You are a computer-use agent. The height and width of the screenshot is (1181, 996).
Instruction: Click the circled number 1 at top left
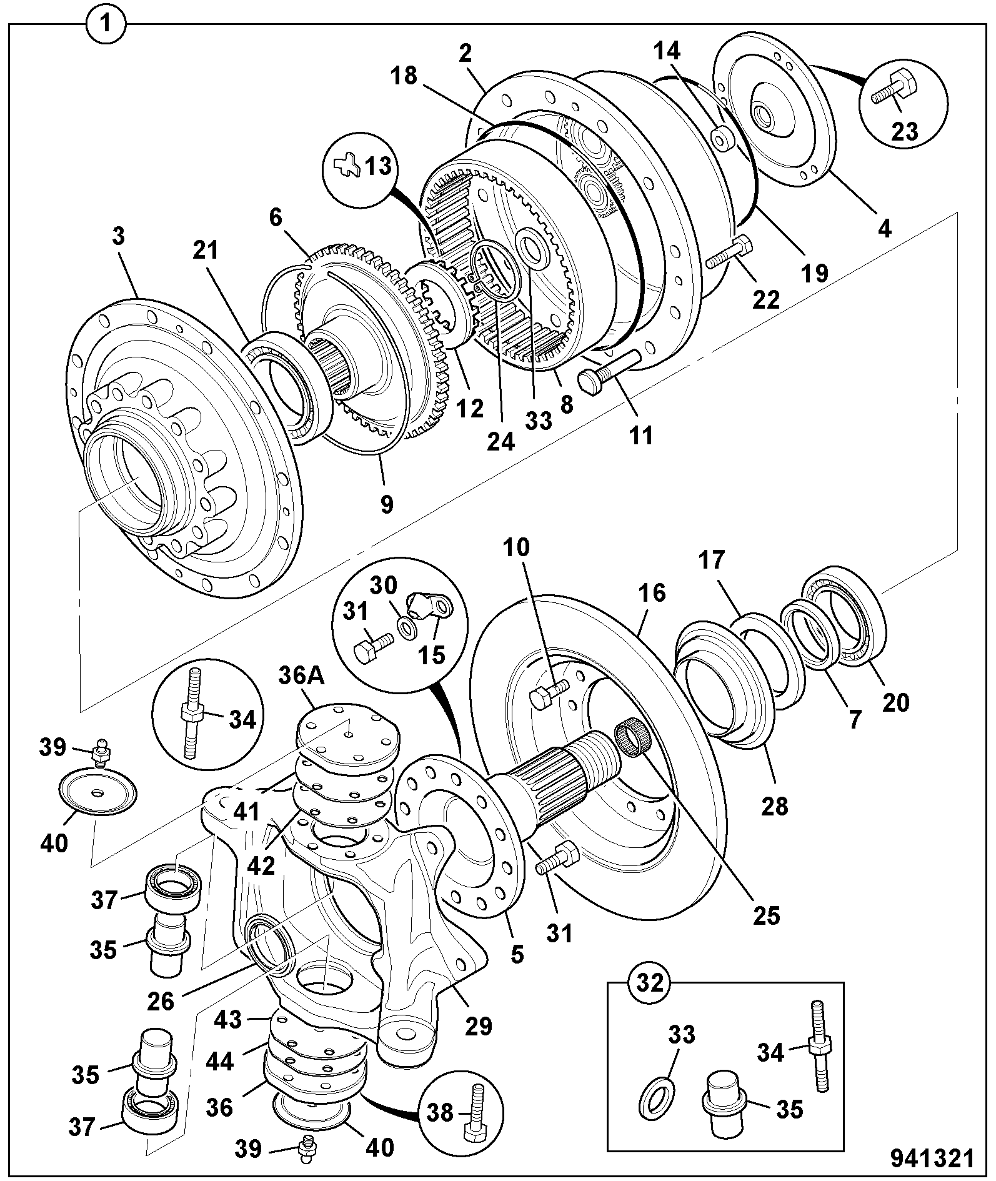click(x=106, y=26)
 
